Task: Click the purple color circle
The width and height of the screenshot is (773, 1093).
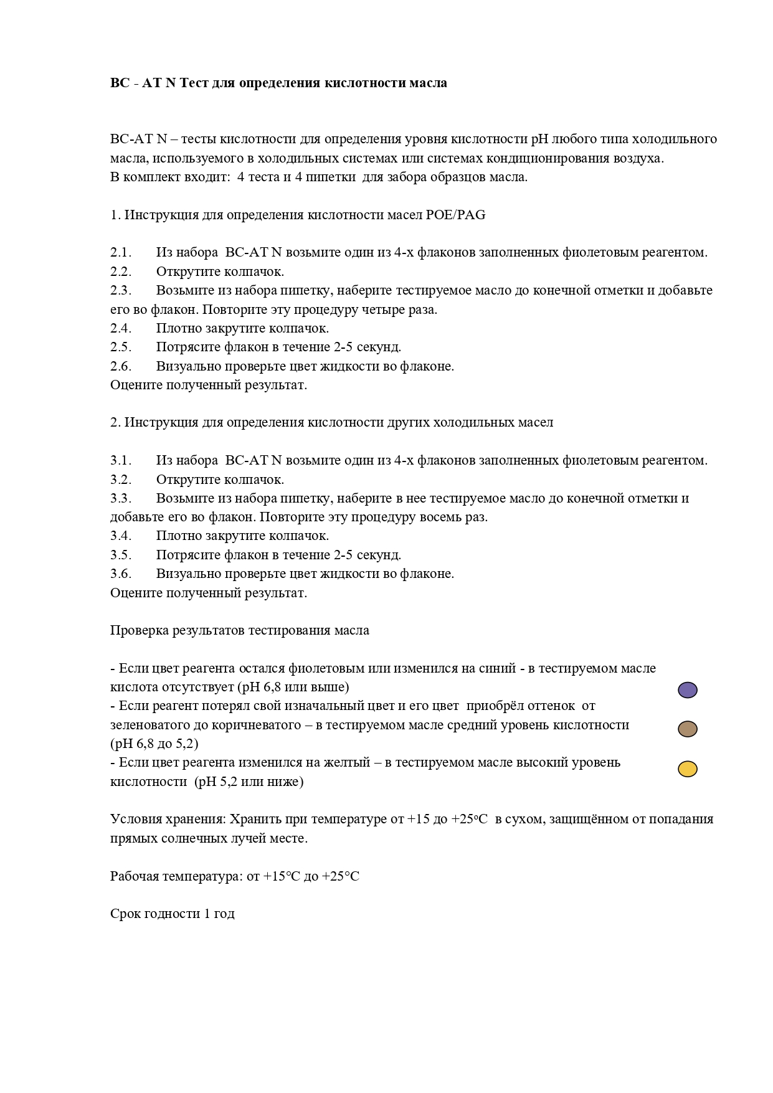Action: tap(687, 690)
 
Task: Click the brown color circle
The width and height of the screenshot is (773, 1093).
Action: tap(687, 729)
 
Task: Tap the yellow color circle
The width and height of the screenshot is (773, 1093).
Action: tap(687, 769)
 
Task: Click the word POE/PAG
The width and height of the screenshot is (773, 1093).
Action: tap(455, 215)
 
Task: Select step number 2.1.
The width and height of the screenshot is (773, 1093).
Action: tap(121, 253)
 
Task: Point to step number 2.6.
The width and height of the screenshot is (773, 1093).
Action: tap(121, 366)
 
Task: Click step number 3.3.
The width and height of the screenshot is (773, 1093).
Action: tap(121, 498)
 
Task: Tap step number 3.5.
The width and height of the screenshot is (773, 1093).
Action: tap(121, 555)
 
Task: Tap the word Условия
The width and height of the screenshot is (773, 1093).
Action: tap(136, 819)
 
